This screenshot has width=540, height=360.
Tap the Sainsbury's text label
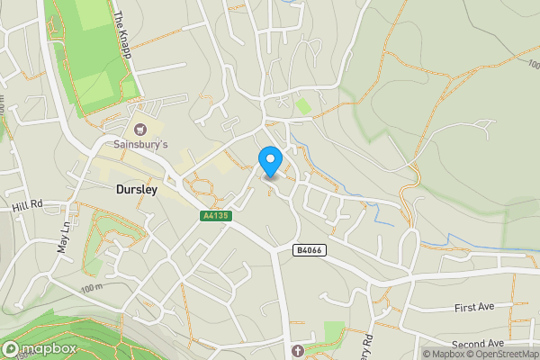coord(140,144)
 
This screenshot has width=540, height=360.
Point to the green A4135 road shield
coord(215,216)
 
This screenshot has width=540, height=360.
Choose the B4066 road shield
coord(309,249)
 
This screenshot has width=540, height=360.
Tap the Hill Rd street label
coord(28,206)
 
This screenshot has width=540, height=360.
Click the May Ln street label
coord(64,238)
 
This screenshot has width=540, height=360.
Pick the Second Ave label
coord(479,345)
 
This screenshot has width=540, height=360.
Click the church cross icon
coord(299,349)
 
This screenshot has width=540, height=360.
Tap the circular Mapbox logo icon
coord(12,348)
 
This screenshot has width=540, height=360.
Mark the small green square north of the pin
coord(303,106)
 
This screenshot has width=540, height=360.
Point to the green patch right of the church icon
coord(333,331)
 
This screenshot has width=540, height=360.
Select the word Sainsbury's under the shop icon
coord(140,144)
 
